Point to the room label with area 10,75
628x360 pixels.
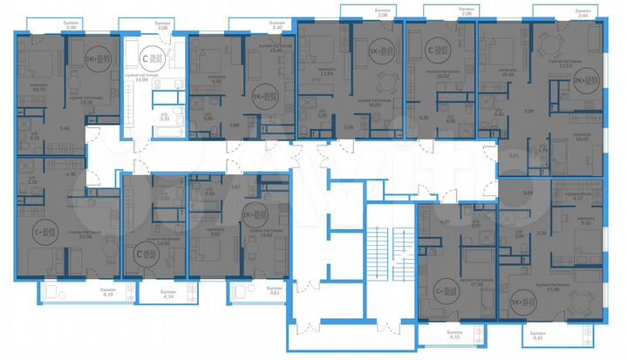[x=38, y=87]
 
